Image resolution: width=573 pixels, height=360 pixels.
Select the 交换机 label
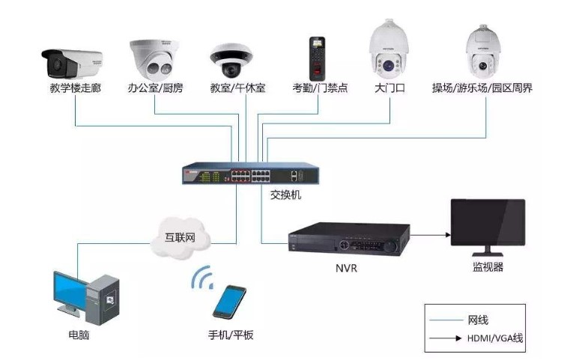285,195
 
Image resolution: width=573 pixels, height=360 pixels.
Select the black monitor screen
487,226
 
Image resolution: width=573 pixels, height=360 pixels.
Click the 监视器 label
488,266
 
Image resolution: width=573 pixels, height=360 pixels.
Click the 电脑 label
79,335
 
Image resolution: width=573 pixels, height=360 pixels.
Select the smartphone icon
228,302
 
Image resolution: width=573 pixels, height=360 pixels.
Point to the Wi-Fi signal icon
201,278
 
